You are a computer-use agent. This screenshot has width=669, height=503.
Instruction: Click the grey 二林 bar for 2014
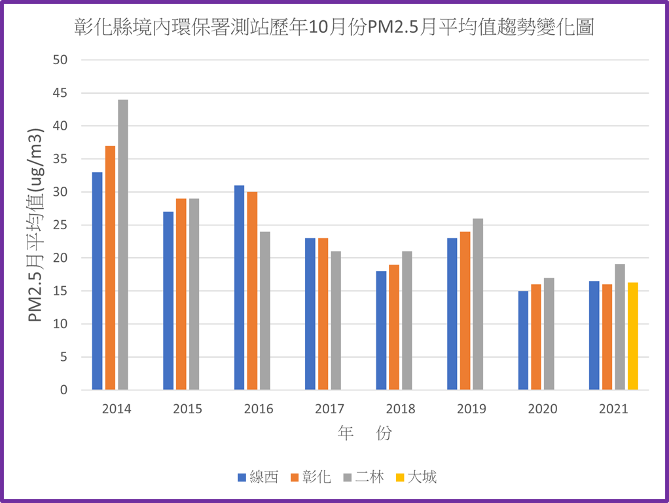pos(123,245)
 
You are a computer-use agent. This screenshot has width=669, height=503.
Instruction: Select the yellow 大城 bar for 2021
pos(633,337)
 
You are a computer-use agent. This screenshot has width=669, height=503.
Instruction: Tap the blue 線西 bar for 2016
pos(240,288)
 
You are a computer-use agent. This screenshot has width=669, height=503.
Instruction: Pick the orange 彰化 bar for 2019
pos(465,311)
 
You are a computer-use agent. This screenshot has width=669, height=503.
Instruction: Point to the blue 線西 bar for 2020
pos(523,341)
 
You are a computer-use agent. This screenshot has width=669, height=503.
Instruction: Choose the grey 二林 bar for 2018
pos(407,321)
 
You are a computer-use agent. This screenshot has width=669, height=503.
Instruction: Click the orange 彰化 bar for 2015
pos(181,294)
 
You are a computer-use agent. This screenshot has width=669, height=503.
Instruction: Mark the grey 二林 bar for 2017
pos(336,321)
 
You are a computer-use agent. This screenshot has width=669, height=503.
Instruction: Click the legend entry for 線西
pos(258,477)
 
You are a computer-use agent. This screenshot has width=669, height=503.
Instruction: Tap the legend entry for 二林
pos(363,477)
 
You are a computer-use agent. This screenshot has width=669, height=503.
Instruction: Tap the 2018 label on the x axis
pos(401,409)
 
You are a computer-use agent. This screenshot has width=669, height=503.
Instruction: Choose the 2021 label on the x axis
pos(613,409)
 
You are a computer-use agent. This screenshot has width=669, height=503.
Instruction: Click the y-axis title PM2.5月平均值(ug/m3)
pos(37,225)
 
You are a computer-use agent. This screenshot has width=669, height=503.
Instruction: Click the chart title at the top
pos(334,28)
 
